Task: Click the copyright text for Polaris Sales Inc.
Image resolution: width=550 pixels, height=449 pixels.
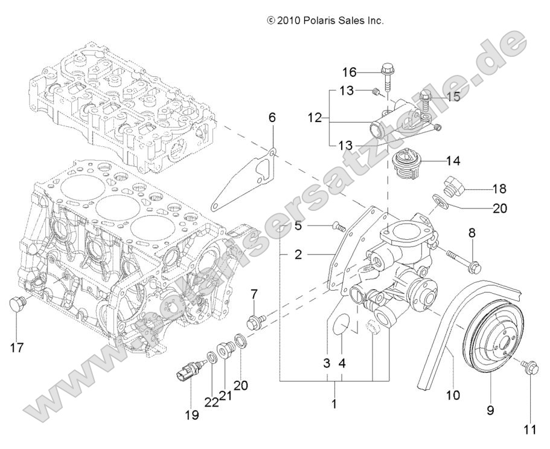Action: [325, 21]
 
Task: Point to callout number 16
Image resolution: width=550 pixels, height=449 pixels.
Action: [350, 73]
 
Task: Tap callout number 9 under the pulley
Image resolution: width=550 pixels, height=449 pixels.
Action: [490, 410]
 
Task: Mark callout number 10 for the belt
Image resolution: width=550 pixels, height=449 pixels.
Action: [452, 395]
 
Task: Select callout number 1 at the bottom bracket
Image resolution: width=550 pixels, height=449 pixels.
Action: [333, 403]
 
